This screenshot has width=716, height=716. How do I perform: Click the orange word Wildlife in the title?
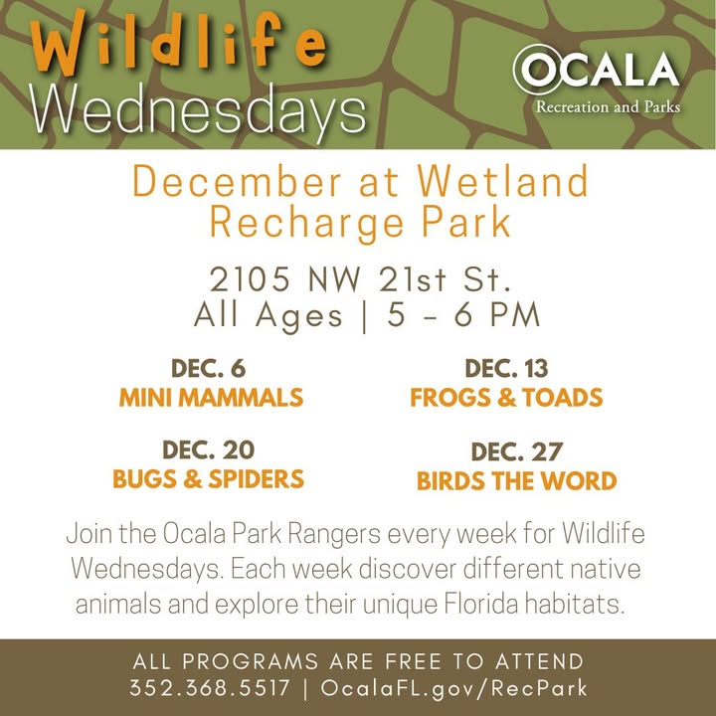coord(178,44)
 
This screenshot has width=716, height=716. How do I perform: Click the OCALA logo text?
coord(596,70)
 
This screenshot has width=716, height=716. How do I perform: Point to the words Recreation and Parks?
coord(608,106)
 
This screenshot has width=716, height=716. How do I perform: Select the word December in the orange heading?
coord(237,182)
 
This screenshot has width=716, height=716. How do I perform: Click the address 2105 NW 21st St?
coord(360,279)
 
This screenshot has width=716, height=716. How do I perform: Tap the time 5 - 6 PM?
coord(463,315)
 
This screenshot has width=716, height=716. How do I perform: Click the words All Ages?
coord(268,316)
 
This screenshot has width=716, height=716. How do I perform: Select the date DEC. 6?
coord(208,369)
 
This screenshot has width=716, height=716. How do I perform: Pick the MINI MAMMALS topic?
coord(211,397)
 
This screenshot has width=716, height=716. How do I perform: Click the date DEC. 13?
coord(506,369)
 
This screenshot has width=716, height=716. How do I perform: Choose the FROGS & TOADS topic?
coord(506,397)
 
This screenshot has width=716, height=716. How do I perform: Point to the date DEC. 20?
coord(208,450)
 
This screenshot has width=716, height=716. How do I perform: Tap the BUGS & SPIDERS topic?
coord(208,479)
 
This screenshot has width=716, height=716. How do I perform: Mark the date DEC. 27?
coord(516,452)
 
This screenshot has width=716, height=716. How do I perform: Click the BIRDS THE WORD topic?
coord(516,481)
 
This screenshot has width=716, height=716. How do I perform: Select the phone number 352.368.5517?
coord(210,688)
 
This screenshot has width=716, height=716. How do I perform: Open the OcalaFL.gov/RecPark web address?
coord(453,688)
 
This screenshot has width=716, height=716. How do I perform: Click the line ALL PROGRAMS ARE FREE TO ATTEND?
coord(358,661)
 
